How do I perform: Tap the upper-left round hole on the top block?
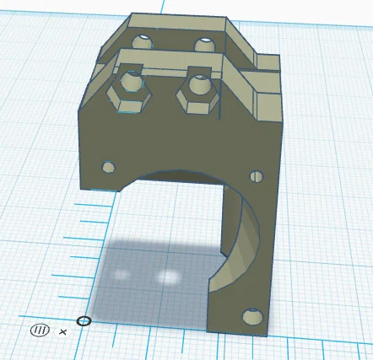143,40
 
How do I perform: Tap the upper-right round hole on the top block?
203,44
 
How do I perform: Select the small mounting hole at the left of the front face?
108,167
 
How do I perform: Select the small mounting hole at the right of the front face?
257,176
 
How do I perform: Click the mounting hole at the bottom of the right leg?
251,317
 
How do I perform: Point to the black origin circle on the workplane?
84,321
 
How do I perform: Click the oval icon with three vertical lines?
40,330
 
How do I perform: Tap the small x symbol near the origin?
63,331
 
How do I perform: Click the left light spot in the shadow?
123,275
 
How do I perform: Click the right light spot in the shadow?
169,277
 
